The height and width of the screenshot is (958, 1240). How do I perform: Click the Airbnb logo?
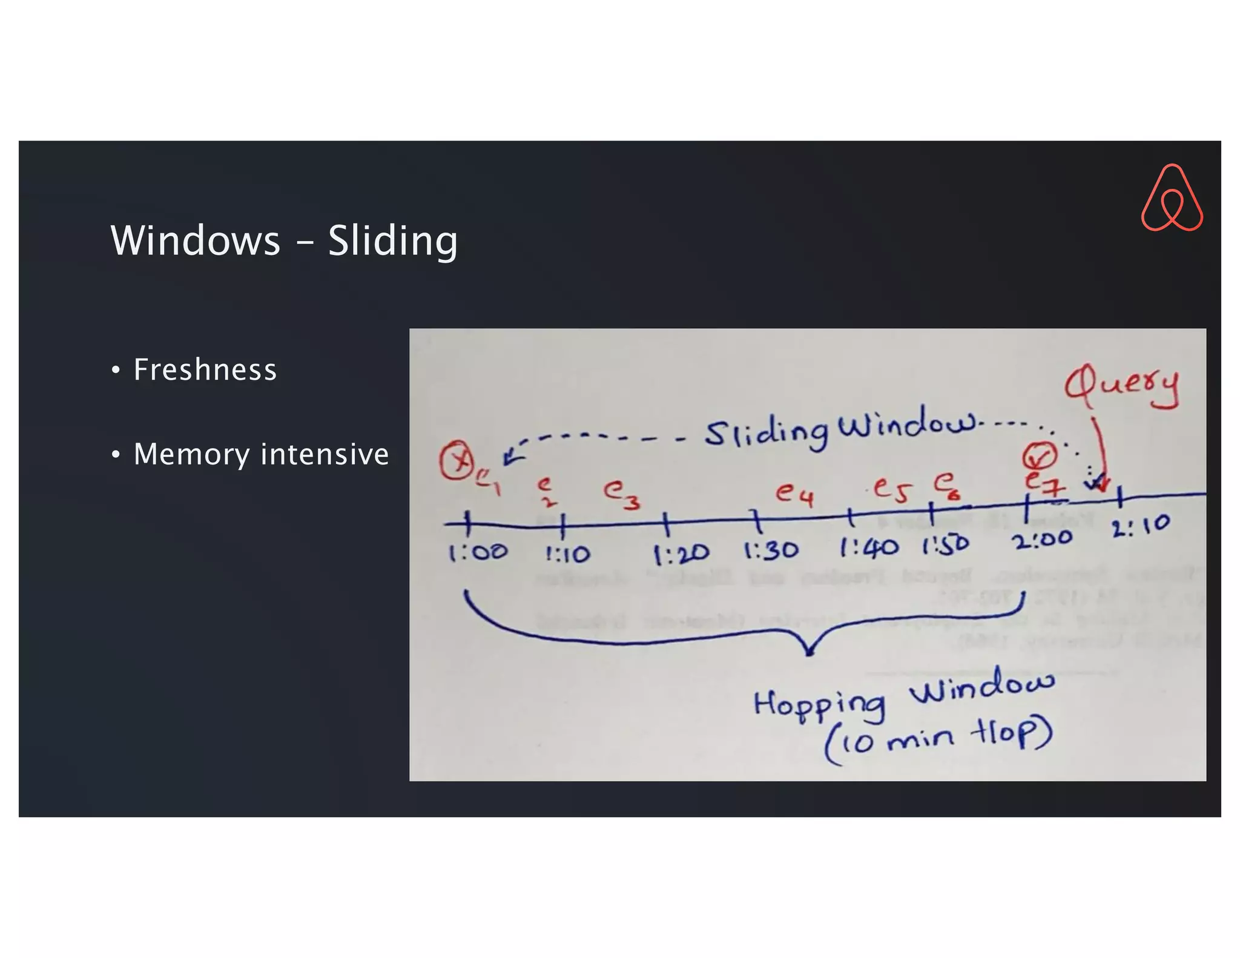coord(1172,198)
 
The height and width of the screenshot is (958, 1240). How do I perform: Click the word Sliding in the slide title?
coord(393,241)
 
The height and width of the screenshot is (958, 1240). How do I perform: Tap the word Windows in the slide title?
coord(196,240)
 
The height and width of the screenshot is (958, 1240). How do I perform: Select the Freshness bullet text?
coord(205,369)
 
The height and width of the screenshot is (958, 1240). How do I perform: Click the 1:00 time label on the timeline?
coord(478,552)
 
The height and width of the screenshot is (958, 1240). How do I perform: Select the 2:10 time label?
coord(1141,526)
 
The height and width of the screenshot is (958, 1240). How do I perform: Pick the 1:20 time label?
coord(681,553)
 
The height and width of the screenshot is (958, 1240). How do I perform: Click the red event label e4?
coord(795,494)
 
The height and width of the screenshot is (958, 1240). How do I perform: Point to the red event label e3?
coord(621,493)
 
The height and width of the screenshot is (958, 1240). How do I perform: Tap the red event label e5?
coord(892,489)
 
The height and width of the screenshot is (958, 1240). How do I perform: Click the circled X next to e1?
coord(457,461)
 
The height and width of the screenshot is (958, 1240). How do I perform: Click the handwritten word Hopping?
coord(819,705)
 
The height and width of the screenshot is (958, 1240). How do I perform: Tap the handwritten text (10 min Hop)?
coord(938,740)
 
